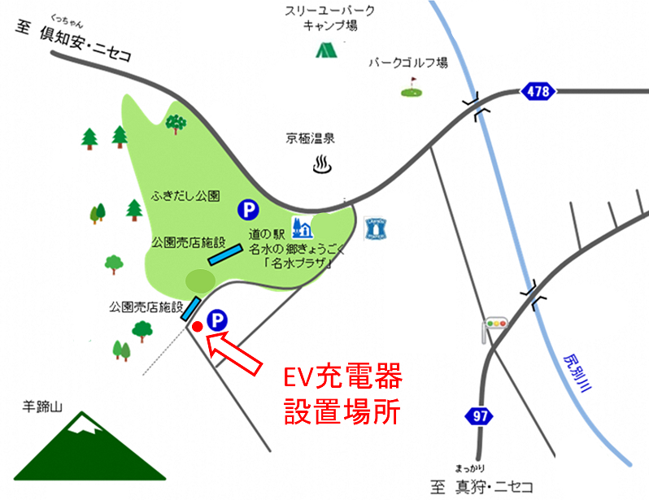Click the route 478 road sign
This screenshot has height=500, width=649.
pos(538,91)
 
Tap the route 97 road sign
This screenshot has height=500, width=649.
pos(481,416)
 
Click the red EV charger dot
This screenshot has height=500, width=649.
pos(197,327)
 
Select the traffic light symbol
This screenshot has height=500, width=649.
pos(494,324)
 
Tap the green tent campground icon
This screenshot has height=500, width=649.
pos(327,49)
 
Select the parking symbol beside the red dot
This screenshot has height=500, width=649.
pos(217,321)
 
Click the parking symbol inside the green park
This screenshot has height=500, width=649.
pos(246,210)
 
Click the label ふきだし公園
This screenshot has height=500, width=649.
pos(185,196)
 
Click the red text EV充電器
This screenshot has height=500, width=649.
pos(342,379)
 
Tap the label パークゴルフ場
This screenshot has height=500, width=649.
pos(408,62)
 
